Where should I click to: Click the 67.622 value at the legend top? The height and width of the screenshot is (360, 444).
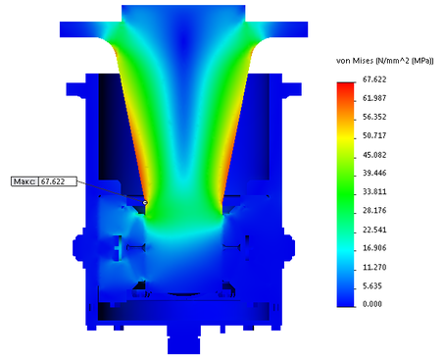point(374,79)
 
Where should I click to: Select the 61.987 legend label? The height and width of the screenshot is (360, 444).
point(374,98)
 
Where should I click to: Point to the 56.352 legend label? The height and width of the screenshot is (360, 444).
point(374,117)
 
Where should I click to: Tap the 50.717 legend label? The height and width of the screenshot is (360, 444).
point(374,135)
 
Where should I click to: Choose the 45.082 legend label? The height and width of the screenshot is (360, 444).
point(374,154)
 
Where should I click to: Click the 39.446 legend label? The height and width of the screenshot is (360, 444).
point(374,173)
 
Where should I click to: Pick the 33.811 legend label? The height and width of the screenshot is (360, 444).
point(374,191)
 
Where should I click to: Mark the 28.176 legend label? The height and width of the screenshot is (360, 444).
point(374,210)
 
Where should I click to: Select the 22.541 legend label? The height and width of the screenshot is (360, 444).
point(374,230)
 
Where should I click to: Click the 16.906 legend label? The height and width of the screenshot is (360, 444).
point(374,248)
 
